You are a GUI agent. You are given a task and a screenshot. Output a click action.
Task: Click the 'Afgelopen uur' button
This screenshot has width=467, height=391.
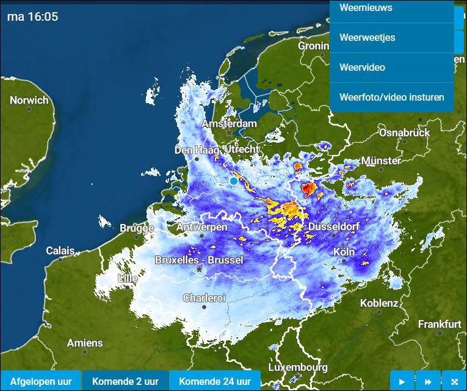[41, 381]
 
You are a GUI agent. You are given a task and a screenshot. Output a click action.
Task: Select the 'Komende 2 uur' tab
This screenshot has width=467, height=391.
[125, 381]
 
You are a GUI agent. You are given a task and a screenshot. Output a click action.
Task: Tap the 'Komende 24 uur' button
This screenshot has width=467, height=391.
[215, 381]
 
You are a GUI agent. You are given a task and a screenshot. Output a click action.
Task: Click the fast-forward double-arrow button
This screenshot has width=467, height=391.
[428, 381]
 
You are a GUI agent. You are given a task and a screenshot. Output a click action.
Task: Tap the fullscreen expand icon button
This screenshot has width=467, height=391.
[454, 381]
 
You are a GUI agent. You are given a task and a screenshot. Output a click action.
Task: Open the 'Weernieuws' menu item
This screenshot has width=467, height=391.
[366, 8]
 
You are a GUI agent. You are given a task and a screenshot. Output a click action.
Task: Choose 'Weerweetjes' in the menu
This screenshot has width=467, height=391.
[367, 38]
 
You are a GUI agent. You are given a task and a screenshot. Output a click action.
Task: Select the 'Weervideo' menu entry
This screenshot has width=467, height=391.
[362, 68]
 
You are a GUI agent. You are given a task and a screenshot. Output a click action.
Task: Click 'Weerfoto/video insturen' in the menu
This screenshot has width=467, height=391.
[391, 97]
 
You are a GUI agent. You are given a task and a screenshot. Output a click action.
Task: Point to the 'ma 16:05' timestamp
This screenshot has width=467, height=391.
[33, 17]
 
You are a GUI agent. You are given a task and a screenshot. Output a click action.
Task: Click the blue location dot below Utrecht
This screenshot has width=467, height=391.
[233, 181]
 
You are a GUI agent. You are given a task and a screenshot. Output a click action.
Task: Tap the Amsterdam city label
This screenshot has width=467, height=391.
[229, 124]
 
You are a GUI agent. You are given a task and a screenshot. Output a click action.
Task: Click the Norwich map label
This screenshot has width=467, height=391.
[29, 101]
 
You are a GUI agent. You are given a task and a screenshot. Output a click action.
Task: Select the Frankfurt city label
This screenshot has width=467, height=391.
[440, 325]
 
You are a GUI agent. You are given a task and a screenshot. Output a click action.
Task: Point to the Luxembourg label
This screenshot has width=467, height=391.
[297, 368]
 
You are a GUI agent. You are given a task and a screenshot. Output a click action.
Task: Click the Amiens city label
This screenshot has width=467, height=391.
[85, 343]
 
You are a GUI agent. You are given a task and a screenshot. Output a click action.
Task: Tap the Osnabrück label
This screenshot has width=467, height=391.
[404, 132]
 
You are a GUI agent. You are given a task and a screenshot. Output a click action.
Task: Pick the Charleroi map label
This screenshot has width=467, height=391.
[204, 298]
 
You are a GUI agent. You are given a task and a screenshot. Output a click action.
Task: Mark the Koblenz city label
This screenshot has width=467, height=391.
[379, 303]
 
